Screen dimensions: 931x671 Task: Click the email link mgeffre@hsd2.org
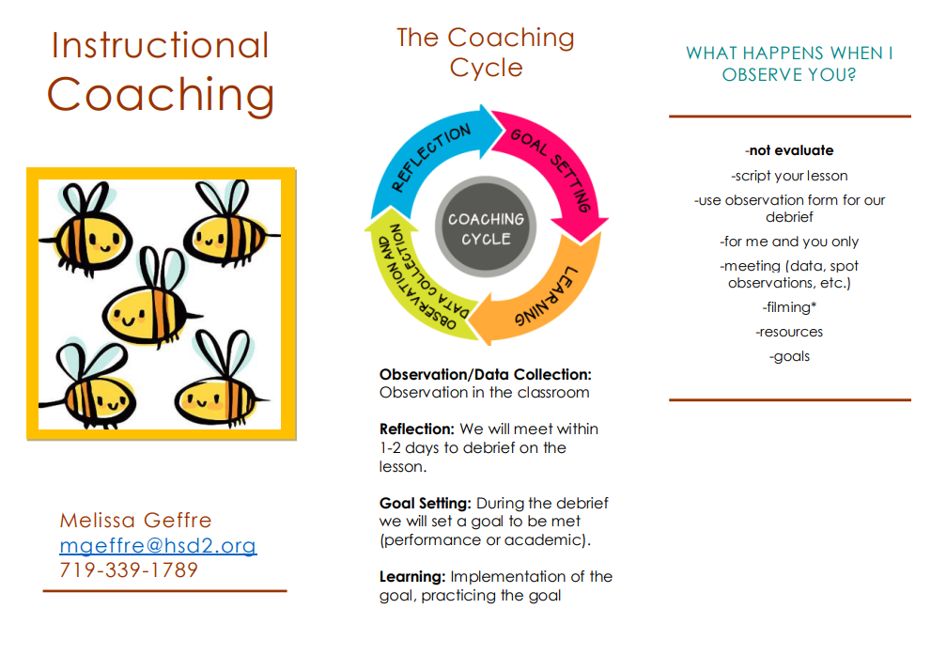click(158, 545)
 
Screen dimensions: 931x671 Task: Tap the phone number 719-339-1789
click(129, 570)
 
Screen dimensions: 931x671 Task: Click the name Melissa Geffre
click(135, 521)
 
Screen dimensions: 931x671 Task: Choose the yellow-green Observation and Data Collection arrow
click(410, 279)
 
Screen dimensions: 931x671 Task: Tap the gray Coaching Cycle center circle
click(486, 226)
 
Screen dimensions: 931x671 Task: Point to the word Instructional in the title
click(161, 46)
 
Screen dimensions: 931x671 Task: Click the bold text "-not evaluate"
click(789, 150)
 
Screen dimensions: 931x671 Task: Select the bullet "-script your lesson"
click(789, 176)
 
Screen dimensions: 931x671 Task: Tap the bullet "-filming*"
click(789, 307)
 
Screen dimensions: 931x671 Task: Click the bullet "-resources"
click(789, 332)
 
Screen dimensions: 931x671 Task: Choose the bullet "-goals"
click(789, 356)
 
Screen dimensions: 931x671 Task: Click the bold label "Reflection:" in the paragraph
click(417, 429)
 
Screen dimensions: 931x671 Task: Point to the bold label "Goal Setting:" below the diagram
click(426, 504)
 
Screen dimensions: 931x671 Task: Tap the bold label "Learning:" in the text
click(412, 577)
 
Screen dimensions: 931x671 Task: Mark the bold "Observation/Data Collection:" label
click(486, 375)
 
